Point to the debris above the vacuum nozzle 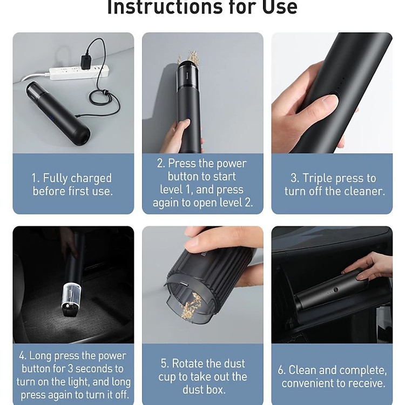[190, 58]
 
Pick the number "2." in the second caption [160, 164]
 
